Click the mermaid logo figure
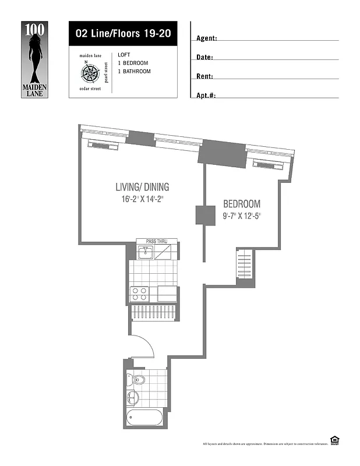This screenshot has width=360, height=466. point(36,55)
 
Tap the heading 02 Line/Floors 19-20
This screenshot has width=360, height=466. point(123,33)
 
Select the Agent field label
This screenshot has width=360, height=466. point(207,38)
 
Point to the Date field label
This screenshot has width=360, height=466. point(204,57)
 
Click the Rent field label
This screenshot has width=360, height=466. point(204,76)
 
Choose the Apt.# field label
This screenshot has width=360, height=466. point(206,95)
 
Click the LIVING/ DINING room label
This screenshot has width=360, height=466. point(142,187)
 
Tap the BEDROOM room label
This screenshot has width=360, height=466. point(242,204)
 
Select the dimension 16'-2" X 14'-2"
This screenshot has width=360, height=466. point(142,199)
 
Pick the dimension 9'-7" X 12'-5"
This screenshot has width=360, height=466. point(242,216)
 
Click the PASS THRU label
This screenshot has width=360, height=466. point(154,241)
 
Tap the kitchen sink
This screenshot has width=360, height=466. point(146,252)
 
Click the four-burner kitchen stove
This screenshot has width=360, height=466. point(140,294)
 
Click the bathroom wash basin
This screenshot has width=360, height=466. point(133,399)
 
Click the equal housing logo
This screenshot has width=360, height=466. point(334,440)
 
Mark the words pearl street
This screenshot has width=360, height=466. point(106,71)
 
